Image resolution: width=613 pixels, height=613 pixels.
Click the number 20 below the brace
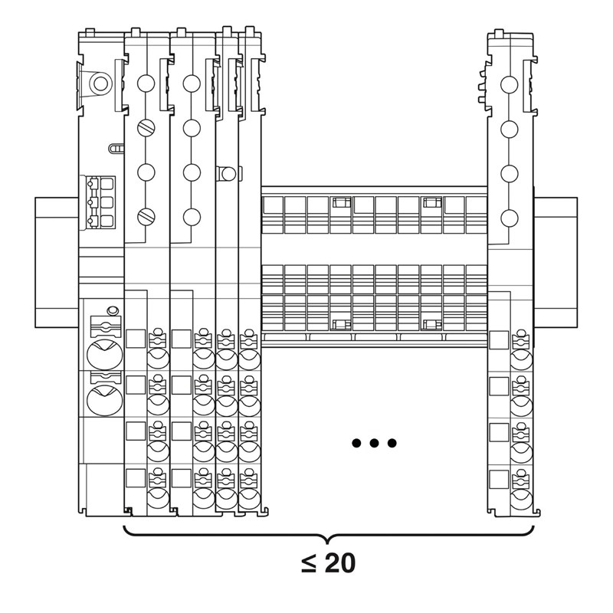pyautogui.click(x=340, y=563)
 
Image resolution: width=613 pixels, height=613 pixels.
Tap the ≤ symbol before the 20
pyautogui.click(x=309, y=564)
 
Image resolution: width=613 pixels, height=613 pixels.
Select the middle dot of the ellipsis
pyautogui.click(x=374, y=443)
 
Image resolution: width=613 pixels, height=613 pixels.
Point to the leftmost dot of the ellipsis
pyautogui.click(x=356, y=443)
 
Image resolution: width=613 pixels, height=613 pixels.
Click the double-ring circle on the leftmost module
pyautogui.click(x=100, y=84)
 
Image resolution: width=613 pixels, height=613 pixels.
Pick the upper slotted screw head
pyautogui.click(x=146, y=127)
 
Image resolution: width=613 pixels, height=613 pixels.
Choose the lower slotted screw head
pyautogui.click(x=146, y=217)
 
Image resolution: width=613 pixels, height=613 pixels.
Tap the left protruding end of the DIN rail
pyautogui.click(x=57, y=262)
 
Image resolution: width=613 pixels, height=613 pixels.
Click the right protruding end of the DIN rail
pyautogui.click(x=556, y=262)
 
